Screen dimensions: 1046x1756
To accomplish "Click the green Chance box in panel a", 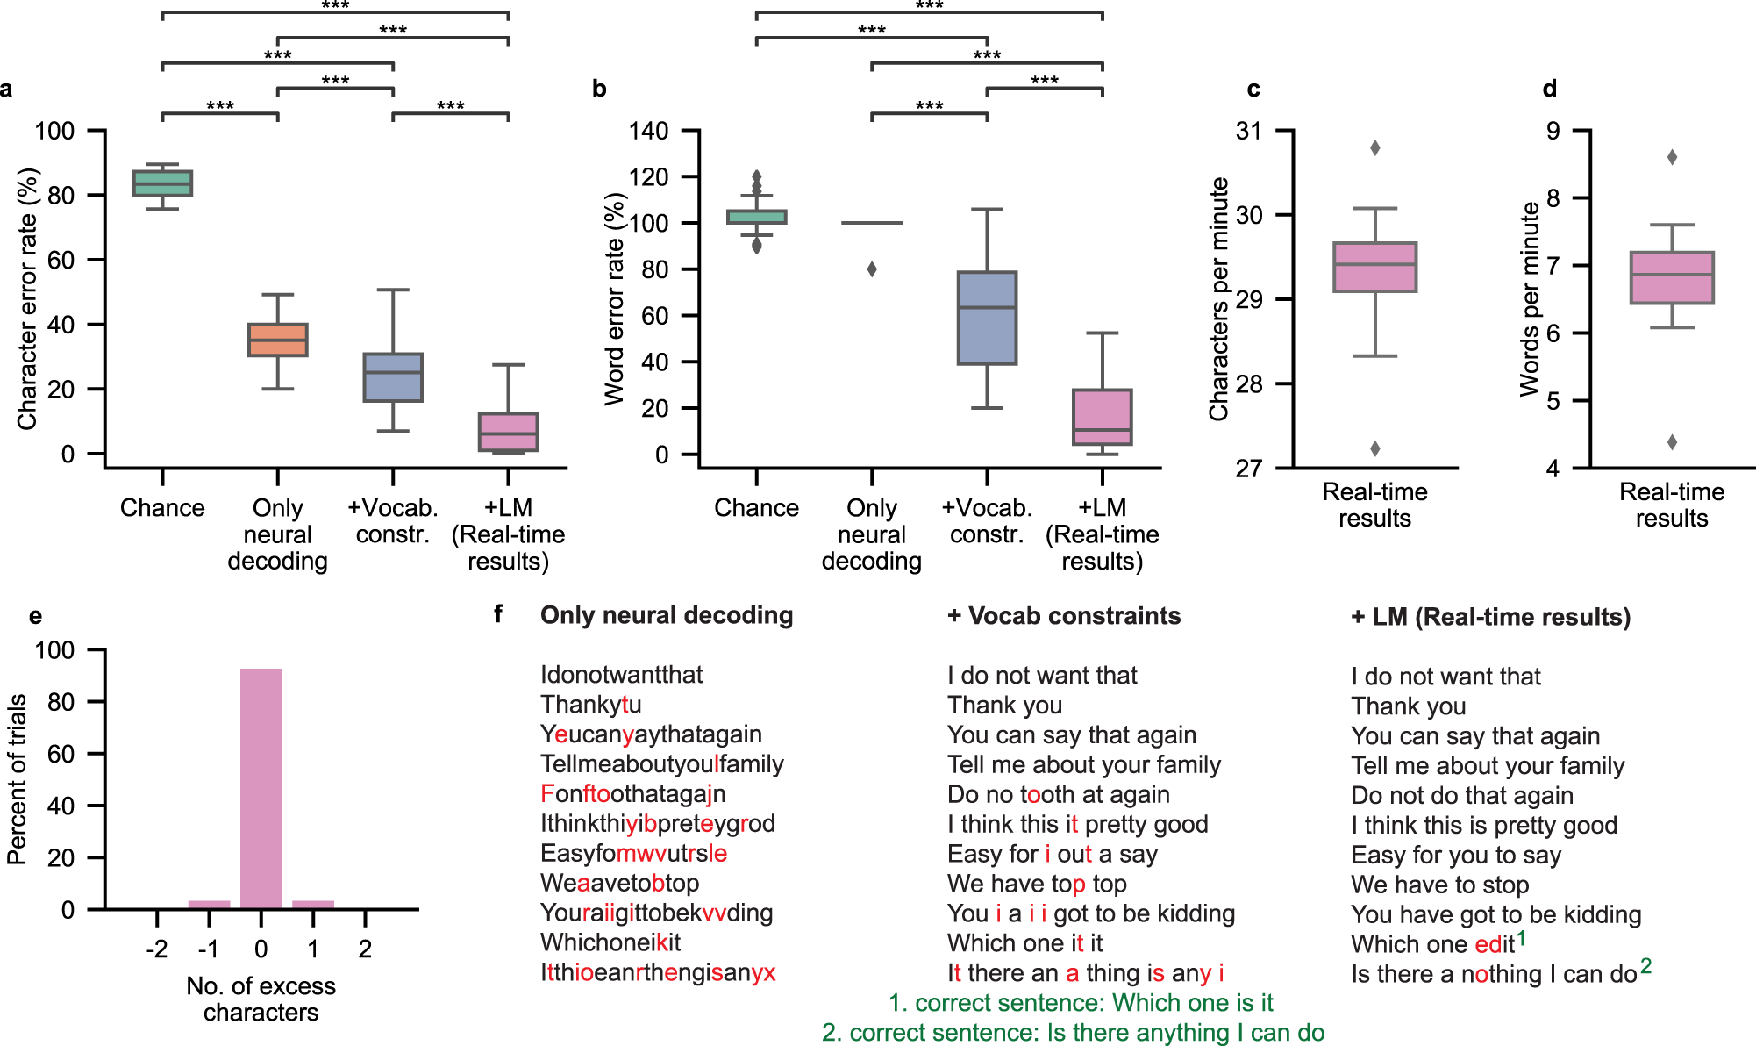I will pyautogui.click(x=162, y=183).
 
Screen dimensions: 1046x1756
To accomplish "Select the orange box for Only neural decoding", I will pyautogui.click(x=278, y=340).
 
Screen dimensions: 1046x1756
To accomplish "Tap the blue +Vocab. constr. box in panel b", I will pyautogui.click(x=987, y=318).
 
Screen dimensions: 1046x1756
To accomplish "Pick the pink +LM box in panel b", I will pyautogui.click(x=1102, y=417).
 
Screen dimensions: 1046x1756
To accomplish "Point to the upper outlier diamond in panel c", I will pyautogui.click(x=1375, y=148).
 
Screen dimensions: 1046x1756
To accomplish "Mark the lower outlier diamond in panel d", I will pyautogui.click(x=1672, y=442).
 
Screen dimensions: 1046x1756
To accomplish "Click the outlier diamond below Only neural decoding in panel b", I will pyautogui.click(x=872, y=269).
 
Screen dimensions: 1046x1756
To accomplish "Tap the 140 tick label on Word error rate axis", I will pyautogui.click(x=649, y=132).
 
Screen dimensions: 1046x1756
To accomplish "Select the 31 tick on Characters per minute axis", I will pyautogui.click(x=1249, y=132).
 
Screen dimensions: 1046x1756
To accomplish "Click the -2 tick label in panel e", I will pyautogui.click(x=157, y=949).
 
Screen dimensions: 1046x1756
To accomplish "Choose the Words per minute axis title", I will pyautogui.click(x=1530, y=298).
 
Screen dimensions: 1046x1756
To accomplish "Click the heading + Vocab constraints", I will pyautogui.click(x=1064, y=616).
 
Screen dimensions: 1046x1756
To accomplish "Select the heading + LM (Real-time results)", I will pyautogui.click(x=1490, y=617).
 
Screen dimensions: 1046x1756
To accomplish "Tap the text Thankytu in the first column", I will pyautogui.click(x=590, y=705).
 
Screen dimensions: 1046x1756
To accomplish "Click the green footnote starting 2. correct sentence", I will pyautogui.click(x=1073, y=1033).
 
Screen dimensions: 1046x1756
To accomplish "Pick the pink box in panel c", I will pyautogui.click(x=1374, y=267).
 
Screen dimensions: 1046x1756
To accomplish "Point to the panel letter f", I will pyautogui.click(x=498, y=614).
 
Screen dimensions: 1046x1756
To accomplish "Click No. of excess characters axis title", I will pyautogui.click(x=261, y=999).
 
